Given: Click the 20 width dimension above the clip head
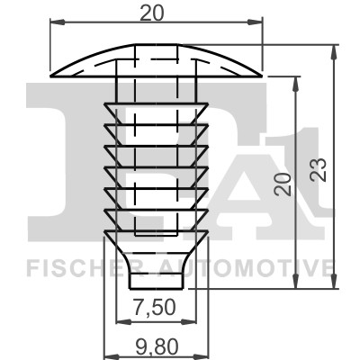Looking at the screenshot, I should (157, 13).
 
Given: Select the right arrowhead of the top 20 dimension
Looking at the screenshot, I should (261, 26).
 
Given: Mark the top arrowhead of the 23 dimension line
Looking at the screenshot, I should (335, 46).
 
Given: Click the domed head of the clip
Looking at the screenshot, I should (157, 58).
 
